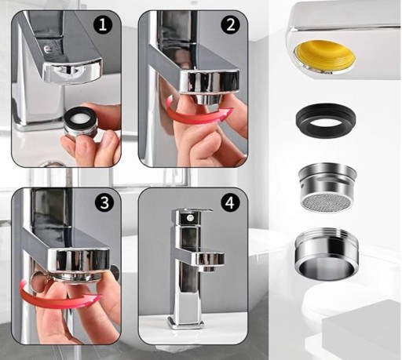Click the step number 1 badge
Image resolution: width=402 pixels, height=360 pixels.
point(103,25)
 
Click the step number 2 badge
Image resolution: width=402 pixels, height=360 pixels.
point(230,25)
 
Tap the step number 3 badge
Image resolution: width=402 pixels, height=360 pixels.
point(104,202)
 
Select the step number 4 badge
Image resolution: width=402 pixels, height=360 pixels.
point(230,202)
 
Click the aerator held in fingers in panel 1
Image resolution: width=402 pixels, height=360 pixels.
point(79,122)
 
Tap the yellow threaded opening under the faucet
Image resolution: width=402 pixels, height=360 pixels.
point(324,56)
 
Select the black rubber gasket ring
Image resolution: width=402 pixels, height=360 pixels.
point(326,120)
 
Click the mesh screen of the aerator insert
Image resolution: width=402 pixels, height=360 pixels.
point(327,202)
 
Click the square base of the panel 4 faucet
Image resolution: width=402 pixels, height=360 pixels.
point(186,322)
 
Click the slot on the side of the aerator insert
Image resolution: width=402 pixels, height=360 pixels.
point(331,180)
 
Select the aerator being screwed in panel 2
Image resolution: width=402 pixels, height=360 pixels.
point(207,99)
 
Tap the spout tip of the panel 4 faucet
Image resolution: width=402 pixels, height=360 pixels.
point(207,268)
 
